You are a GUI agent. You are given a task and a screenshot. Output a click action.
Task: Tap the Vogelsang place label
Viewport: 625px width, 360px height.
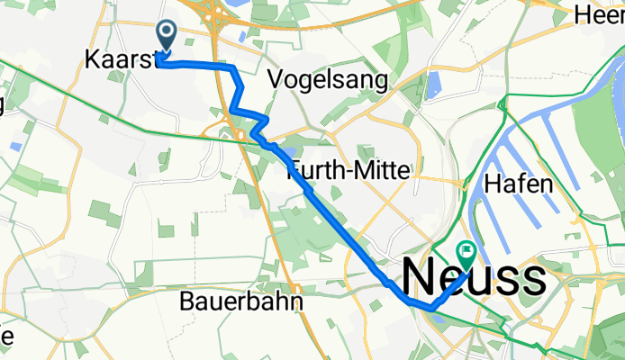(329, 81)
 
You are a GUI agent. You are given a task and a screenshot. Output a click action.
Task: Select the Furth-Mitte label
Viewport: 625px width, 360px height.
(349, 168)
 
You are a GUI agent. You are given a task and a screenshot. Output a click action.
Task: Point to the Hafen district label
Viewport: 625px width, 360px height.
(518, 184)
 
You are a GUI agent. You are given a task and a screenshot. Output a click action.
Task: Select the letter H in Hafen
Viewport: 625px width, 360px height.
(492, 184)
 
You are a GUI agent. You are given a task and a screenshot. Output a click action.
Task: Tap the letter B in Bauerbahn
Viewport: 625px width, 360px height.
(187, 301)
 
